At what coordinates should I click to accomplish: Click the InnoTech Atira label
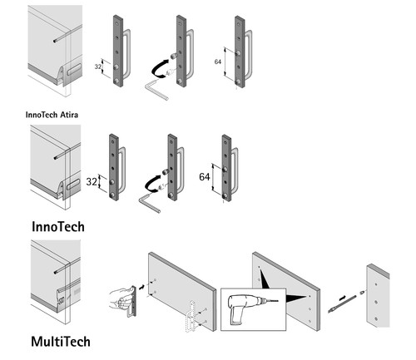[52, 115]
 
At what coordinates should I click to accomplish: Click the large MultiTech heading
[61, 342]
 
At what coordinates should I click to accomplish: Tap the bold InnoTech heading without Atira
[58, 227]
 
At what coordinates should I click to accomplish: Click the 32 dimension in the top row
[98, 67]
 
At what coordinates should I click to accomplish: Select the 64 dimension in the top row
[218, 62]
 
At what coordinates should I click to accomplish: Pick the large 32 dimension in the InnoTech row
[92, 182]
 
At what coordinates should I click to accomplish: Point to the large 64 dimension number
[205, 177]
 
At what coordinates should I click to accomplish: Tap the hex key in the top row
[156, 89]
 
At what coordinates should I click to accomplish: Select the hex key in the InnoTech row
[149, 203]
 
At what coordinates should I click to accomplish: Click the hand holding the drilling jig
[121, 299]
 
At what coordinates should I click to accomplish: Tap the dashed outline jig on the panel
[192, 316]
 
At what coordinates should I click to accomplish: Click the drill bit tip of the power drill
[278, 301]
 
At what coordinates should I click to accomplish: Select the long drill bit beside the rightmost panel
[342, 304]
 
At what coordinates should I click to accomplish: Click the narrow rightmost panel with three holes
[378, 296]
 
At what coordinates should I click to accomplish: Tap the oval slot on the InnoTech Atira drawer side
[74, 69]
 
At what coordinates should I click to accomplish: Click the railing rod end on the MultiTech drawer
[56, 272]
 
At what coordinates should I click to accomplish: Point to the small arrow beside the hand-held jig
[141, 287]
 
